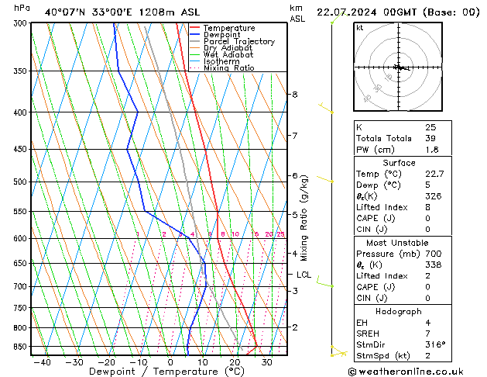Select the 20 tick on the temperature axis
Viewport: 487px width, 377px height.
(235, 361)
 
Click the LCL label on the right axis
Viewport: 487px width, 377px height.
(304, 275)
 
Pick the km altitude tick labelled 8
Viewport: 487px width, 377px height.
(294, 94)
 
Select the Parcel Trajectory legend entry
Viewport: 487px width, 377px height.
(238, 42)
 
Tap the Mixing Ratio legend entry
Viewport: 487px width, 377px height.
(229, 68)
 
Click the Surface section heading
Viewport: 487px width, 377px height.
(399, 163)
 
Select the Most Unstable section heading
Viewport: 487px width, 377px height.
(399, 244)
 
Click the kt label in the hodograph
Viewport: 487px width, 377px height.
(359, 27)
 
